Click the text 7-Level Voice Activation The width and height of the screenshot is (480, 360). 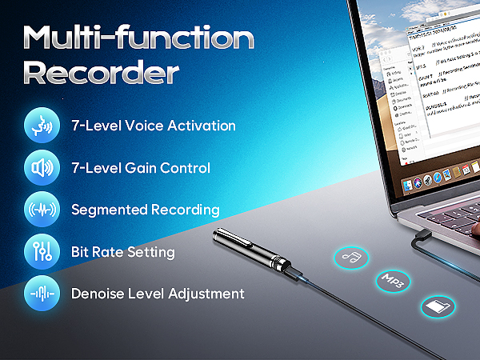coord(154,126)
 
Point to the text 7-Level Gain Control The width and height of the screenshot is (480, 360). coord(141,168)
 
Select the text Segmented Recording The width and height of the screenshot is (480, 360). coord(145,210)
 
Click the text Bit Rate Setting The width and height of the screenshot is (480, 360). coord(122,252)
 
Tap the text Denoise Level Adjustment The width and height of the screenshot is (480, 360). coord(158,294)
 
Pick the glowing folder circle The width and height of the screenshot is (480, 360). coord(438,306)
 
